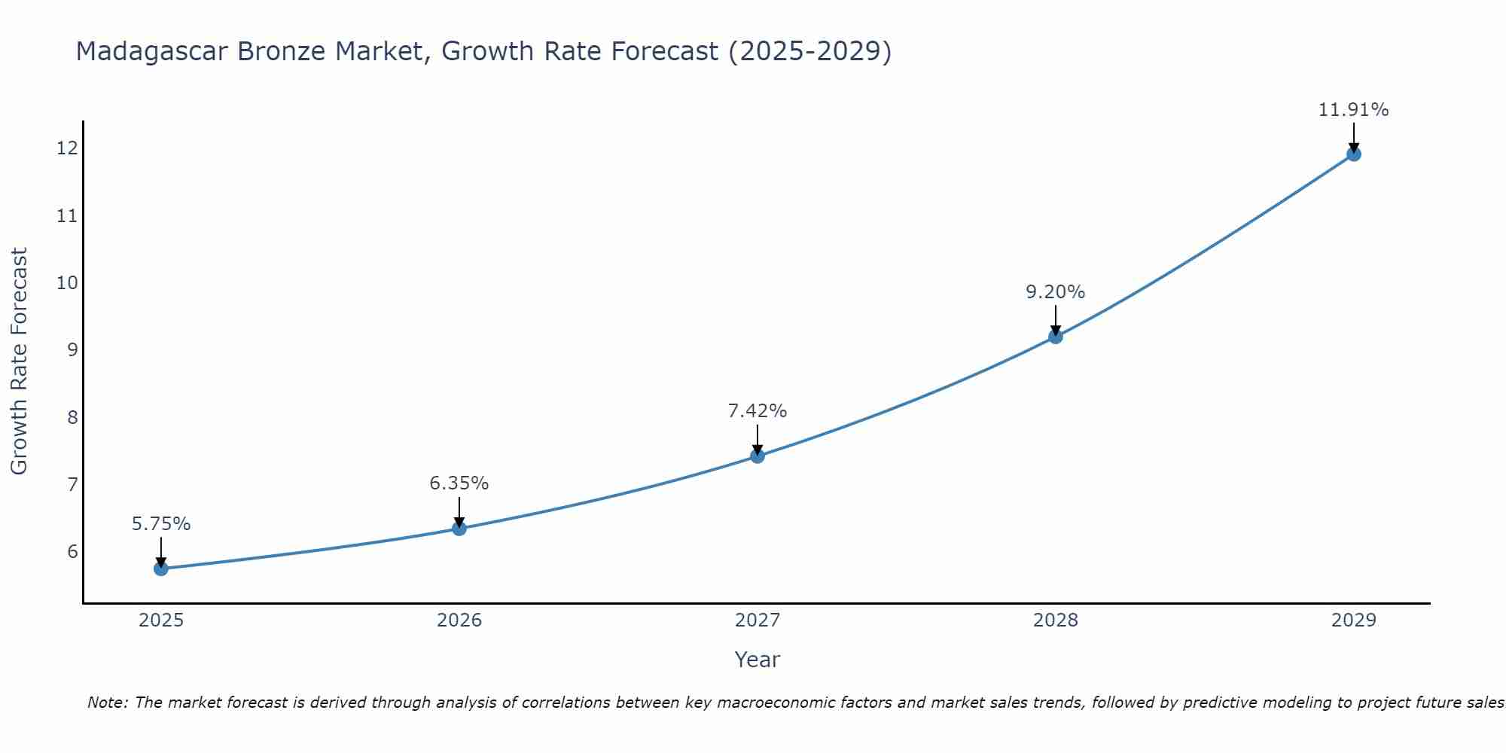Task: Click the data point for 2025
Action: tap(160, 569)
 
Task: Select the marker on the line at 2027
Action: tap(758, 456)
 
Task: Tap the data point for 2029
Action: tap(1353, 154)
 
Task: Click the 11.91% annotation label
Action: tap(1353, 110)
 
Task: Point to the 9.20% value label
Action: tap(1055, 292)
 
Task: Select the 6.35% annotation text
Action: tap(459, 483)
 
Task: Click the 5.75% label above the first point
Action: tap(161, 524)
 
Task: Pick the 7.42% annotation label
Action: tap(757, 411)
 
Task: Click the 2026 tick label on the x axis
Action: tap(459, 620)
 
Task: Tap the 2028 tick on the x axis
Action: tap(1055, 620)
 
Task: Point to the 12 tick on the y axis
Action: tap(67, 148)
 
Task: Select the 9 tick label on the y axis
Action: tap(72, 350)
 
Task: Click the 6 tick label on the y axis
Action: tap(72, 552)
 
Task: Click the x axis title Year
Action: tap(757, 660)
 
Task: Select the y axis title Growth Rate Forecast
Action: tap(19, 361)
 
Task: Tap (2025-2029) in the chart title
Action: tap(810, 51)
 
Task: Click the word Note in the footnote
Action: tap(108, 703)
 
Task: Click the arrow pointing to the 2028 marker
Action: tap(1055, 319)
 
